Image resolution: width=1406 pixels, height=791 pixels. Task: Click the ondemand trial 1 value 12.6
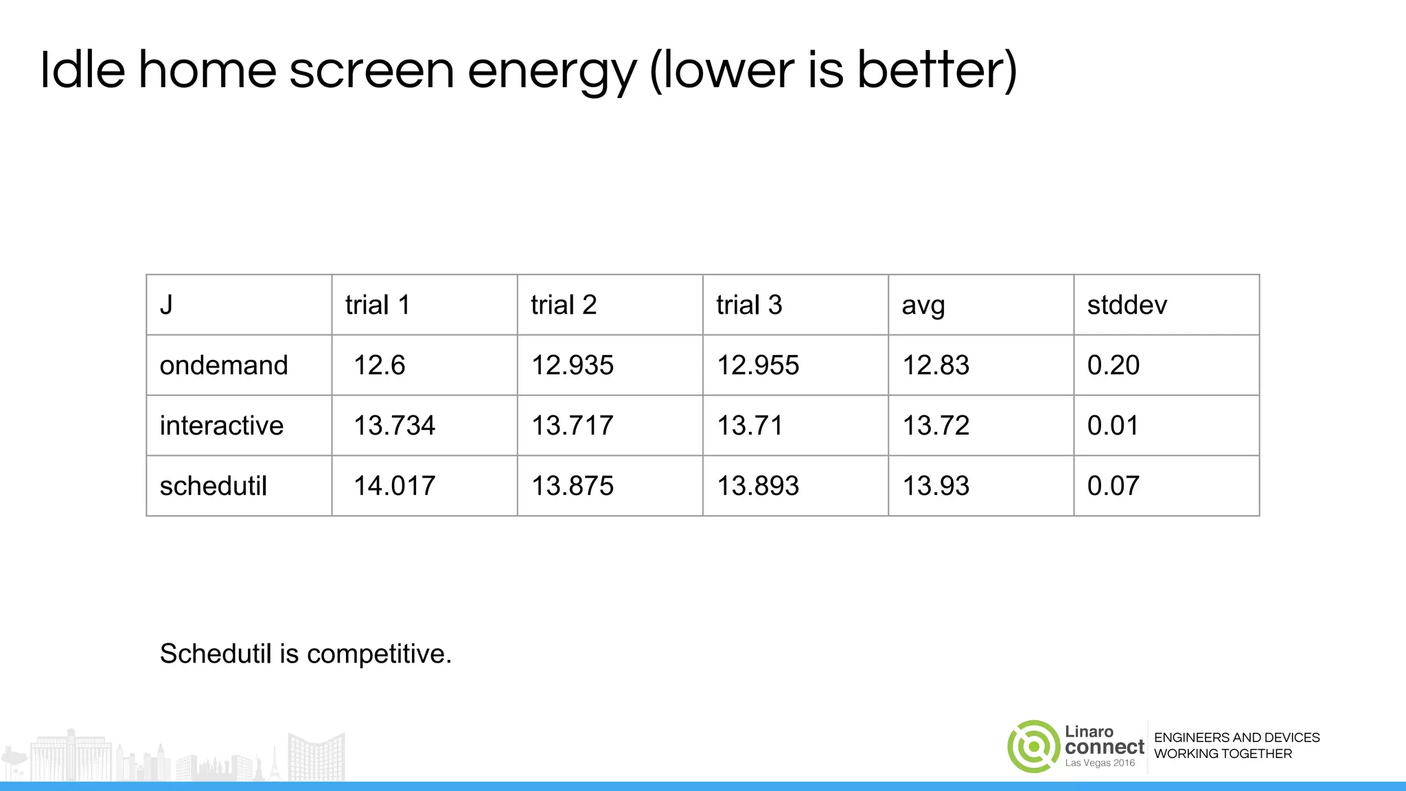379,365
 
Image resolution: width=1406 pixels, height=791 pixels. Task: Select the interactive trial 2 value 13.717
572,426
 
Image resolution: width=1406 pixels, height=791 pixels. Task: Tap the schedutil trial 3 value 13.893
758,486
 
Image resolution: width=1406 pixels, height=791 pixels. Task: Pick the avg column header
923,305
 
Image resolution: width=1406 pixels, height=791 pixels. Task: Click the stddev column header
1127,305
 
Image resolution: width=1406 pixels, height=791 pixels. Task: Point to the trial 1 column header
378,305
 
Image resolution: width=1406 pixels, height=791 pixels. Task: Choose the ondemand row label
224,365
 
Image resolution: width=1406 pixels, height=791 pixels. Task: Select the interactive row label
221,426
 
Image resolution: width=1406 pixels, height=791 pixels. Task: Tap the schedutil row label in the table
213,486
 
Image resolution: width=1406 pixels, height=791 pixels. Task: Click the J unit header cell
166,305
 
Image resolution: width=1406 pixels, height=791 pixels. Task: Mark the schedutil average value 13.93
936,486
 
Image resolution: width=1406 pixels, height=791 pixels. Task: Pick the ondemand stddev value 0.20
1113,365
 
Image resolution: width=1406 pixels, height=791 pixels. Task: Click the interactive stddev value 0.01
1112,426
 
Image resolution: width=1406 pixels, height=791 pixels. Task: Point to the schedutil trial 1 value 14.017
394,486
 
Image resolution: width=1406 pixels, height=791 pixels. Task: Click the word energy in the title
552,71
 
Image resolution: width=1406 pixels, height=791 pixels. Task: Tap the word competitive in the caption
379,654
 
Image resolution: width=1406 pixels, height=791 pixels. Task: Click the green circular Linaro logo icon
1033,746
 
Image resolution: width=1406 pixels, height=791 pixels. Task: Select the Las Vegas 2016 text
1100,764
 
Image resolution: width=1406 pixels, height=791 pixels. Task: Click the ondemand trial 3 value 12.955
758,365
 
